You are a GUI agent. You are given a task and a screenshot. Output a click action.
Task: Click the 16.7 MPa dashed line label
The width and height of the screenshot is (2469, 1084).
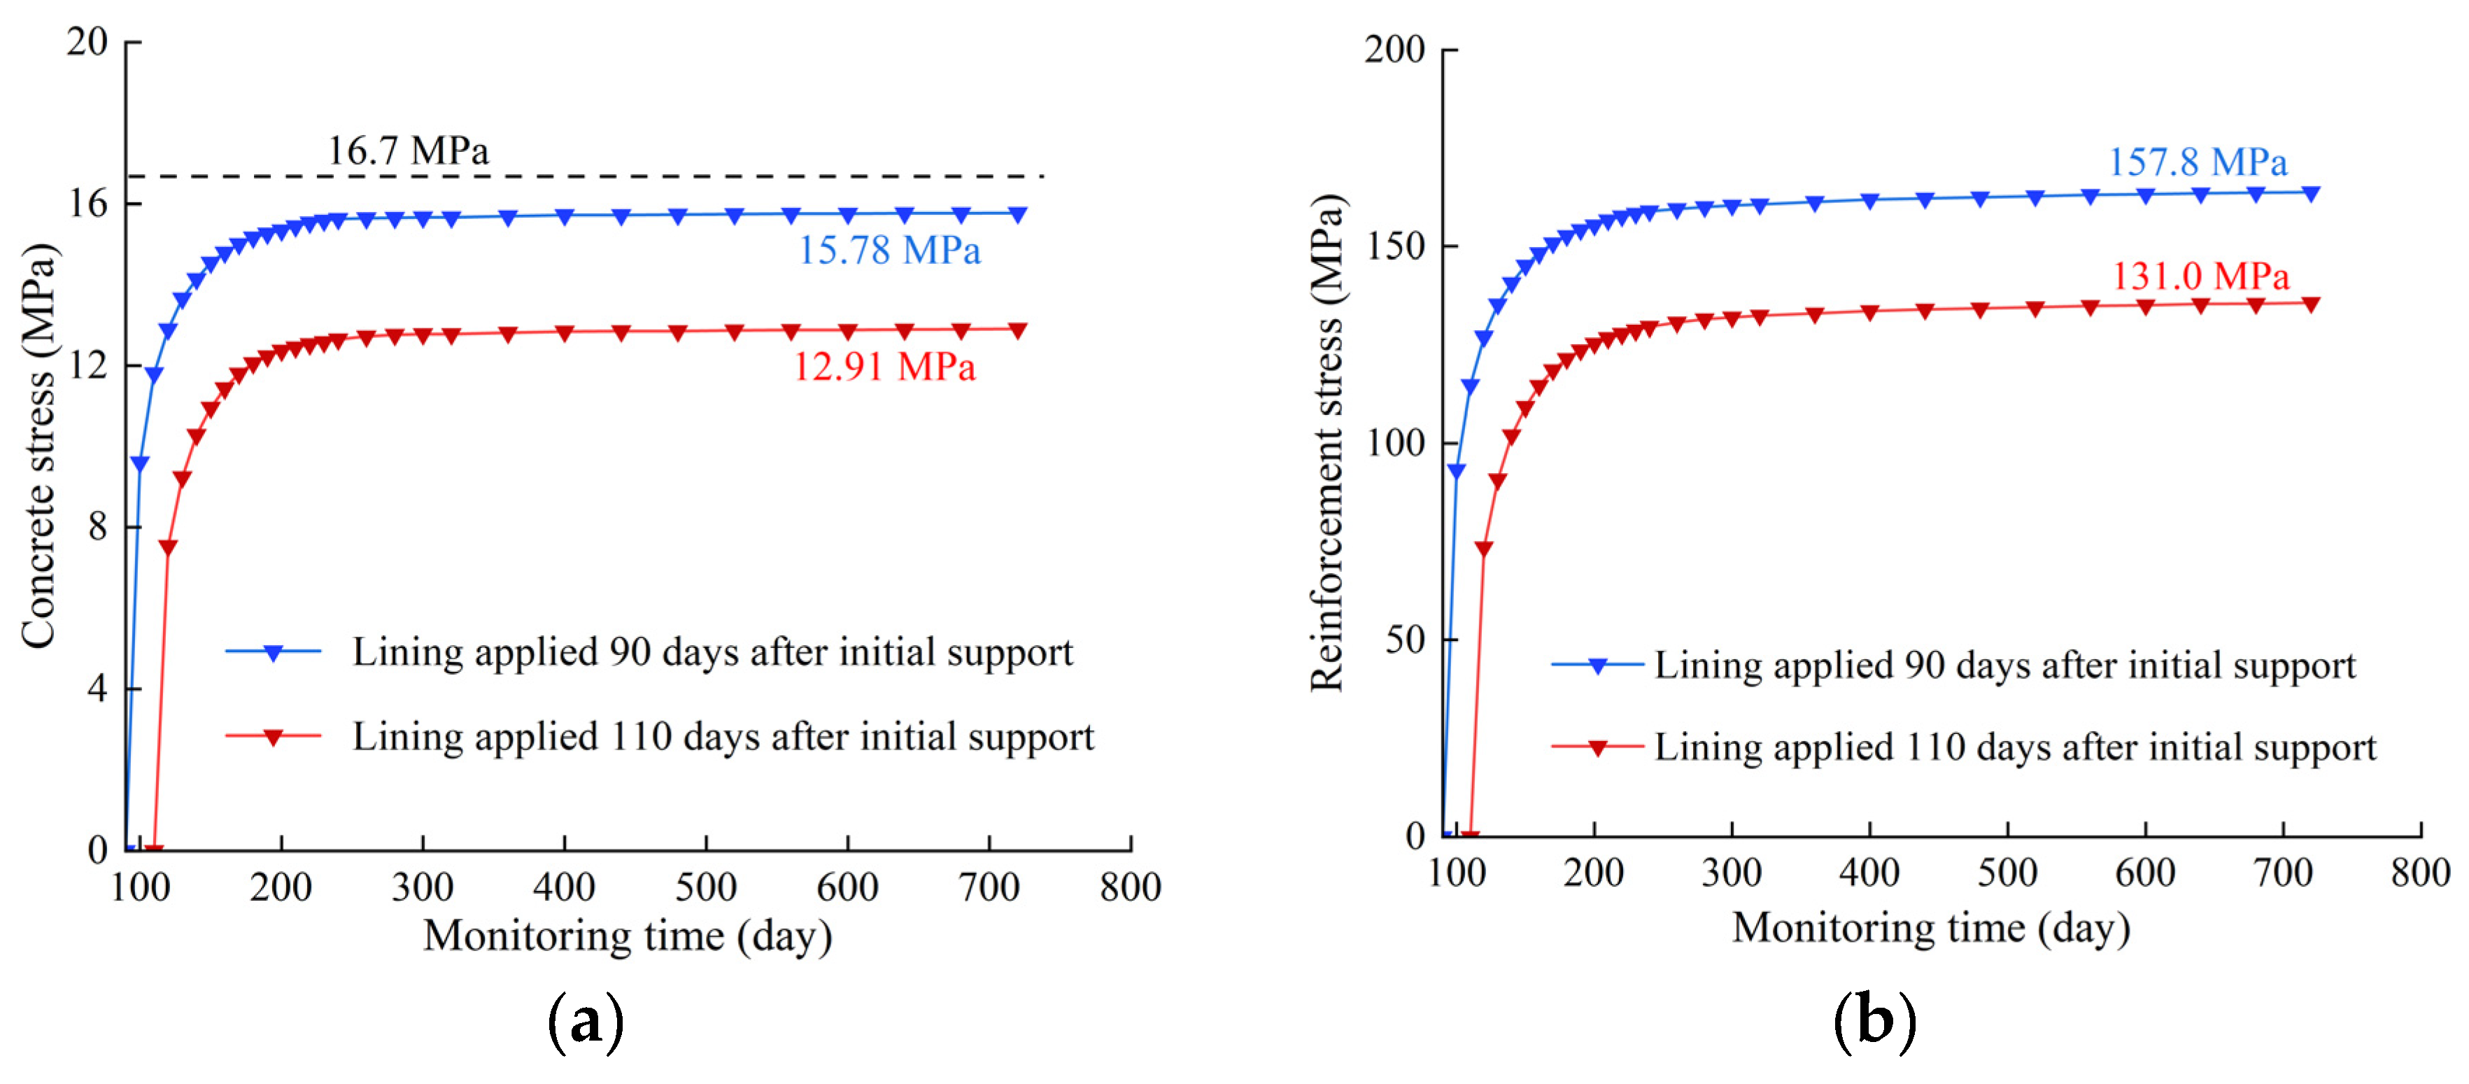click(x=409, y=151)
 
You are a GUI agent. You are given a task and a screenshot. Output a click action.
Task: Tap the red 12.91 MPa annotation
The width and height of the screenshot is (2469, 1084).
click(x=884, y=367)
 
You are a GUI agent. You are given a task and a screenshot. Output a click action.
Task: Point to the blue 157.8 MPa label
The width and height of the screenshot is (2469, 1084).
click(x=2197, y=163)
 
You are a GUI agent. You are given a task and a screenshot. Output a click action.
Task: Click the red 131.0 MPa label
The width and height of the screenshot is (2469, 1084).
click(x=2200, y=277)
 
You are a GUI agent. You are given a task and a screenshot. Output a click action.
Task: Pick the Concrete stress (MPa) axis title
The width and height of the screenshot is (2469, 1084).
click(x=38, y=446)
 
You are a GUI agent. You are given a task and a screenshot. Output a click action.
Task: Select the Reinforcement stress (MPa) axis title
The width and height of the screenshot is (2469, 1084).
click(x=1327, y=443)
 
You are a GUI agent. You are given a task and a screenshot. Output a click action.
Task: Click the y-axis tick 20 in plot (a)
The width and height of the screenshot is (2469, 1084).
click(x=87, y=41)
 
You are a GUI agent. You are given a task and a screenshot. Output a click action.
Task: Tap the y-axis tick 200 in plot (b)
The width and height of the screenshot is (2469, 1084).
click(x=1394, y=49)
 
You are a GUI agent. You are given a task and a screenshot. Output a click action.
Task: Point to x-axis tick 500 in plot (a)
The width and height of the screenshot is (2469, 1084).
click(x=705, y=887)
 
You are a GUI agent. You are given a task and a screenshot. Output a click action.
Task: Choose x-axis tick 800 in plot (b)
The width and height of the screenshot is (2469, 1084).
click(x=2420, y=872)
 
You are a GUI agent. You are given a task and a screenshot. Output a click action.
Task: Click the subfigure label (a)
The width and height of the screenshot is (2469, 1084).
click(x=586, y=1022)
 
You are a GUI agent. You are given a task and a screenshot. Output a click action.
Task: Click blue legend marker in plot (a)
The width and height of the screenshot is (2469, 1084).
click(x=273, y=653)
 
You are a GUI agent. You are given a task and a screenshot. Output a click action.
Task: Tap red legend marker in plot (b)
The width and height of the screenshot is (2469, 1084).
click(x=1598, y=747)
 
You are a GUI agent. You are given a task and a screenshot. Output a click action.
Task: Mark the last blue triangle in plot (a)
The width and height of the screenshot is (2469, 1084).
click(x=1018, y=215)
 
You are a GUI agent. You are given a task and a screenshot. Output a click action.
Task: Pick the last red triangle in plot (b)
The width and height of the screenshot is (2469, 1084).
click(x=2311, y=305)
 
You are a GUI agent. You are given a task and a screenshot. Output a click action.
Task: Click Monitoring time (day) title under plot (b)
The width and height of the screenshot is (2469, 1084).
click(x=1930, y=928)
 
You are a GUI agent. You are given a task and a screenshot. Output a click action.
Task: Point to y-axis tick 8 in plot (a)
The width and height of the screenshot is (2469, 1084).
click(x=98, y=526)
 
